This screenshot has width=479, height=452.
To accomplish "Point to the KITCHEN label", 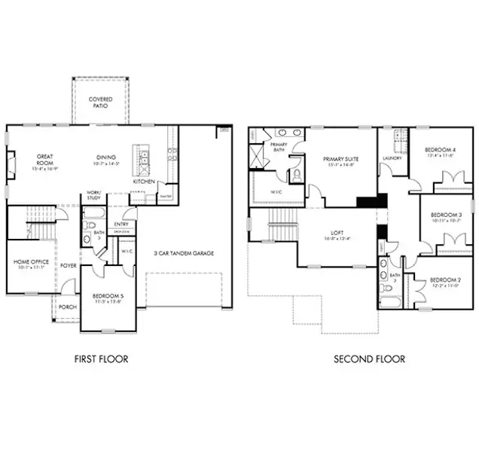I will [144, 182].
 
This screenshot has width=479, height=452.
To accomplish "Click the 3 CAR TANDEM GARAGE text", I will [184, 253].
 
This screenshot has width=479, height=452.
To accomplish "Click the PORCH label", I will [68, 307].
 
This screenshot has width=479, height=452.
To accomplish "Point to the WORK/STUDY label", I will [94, 194].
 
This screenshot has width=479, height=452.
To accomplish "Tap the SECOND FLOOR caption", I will [369, 359].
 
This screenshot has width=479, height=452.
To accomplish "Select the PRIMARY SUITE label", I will [340, 159].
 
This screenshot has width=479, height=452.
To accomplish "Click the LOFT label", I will [336, 233].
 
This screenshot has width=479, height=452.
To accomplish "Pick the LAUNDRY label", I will [392, 158].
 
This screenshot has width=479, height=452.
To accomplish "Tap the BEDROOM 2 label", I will [444, 282].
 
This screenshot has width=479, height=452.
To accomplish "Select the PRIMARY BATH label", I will [279, 145].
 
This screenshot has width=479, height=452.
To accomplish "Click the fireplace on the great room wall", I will [11, 163].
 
